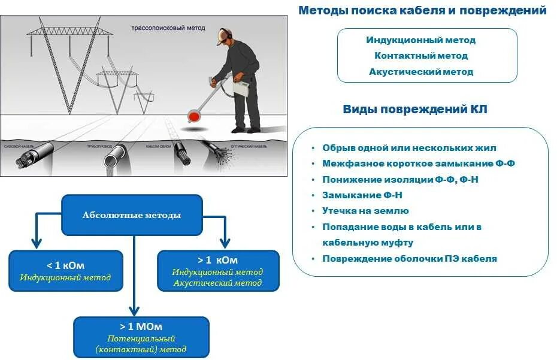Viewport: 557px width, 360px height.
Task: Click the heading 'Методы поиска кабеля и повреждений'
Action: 422,10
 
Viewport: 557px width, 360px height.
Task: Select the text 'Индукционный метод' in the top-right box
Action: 420,40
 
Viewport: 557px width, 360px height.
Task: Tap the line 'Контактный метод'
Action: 420,56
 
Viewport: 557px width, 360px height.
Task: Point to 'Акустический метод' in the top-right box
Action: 420,72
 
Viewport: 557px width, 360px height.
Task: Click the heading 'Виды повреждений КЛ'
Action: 414,109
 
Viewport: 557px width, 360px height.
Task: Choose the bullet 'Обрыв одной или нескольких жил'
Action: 409,148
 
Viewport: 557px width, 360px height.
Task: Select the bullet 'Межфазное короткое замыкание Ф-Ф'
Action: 418,164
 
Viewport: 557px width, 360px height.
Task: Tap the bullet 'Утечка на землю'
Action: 365,211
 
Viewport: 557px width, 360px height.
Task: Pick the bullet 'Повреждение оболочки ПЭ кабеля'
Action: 410,259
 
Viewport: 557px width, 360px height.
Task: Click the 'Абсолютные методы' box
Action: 131,215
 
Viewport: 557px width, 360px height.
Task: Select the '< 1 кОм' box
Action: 65,271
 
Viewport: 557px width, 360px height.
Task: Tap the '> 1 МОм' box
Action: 141,337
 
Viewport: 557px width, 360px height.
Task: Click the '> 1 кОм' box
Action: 217,271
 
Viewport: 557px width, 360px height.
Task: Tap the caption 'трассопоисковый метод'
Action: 168,28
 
